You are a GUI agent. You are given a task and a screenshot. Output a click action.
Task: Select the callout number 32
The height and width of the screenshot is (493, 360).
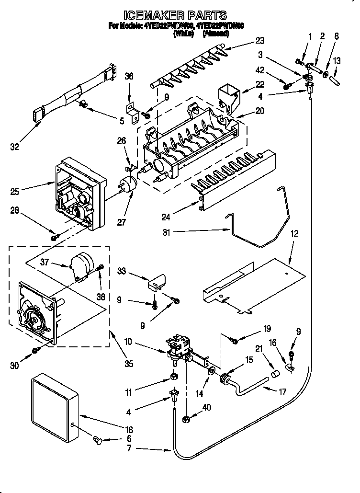pos(15,147)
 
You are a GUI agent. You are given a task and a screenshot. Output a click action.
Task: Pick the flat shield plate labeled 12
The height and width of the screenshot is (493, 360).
pos(254,287)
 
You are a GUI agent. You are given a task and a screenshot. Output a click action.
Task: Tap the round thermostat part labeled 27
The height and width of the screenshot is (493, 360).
pos(128,184)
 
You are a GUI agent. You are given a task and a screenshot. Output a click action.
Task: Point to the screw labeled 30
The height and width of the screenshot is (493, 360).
pos(35,351)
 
